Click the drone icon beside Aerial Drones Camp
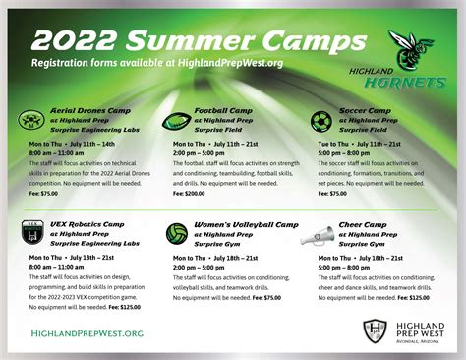coord(31,120)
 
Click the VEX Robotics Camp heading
coord(87,225)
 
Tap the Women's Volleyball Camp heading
coord(246,225)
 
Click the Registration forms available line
coord(157,63)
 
